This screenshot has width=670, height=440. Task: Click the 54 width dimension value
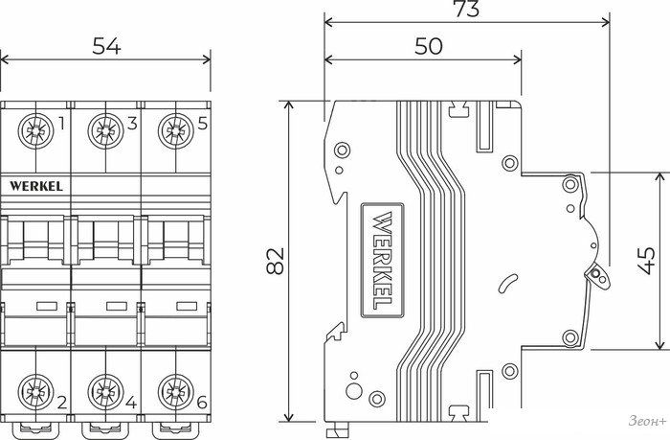coord(106,46)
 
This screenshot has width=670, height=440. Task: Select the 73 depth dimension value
coord(467,9)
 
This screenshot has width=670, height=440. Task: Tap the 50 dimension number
coord(428,46)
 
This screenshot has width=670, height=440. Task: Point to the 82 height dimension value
coord(276,261)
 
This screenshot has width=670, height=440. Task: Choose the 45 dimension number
coord(647,261)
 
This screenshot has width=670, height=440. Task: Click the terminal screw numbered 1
coord(36,131)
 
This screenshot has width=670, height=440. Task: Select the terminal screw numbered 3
coord(105,131)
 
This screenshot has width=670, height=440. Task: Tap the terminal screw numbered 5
coord(175,131)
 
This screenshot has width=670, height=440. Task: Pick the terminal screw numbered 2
coord(36,392)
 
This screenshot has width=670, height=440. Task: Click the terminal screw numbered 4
coord(105,392)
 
